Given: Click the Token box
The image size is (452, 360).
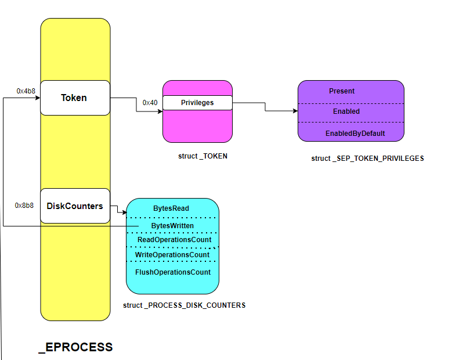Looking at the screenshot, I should click(74, 98).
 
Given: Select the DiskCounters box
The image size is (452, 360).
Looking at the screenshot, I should click(74, 206).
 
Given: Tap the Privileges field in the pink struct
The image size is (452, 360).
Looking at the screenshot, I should click(197, 103).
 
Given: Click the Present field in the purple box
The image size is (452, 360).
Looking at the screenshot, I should click(350, 92).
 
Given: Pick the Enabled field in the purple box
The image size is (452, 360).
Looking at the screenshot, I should click(350, 111).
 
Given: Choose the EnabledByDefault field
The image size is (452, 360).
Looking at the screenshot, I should click(350, 133).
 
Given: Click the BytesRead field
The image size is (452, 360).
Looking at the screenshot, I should click(172, 208).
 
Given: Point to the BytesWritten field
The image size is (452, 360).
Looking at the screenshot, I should click(172, 225).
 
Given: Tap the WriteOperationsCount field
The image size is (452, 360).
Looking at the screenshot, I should click(172, 255).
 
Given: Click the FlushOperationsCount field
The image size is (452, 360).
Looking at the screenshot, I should click(172, 272).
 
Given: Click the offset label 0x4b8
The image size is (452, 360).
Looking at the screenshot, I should click(26, 91).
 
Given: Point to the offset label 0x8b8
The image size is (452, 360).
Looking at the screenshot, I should click(24, 206).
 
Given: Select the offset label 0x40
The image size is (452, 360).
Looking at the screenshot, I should click(150, 103).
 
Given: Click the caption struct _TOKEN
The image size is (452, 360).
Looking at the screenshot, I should click(203, 156).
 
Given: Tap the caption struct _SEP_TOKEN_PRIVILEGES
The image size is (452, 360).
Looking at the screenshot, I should click(367, 159).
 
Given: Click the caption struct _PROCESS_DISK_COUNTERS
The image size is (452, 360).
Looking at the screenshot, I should click(184, 305).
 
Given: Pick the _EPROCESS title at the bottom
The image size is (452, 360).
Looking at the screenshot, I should click(75, 347).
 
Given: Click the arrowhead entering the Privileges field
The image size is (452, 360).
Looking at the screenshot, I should click(160, 111).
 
